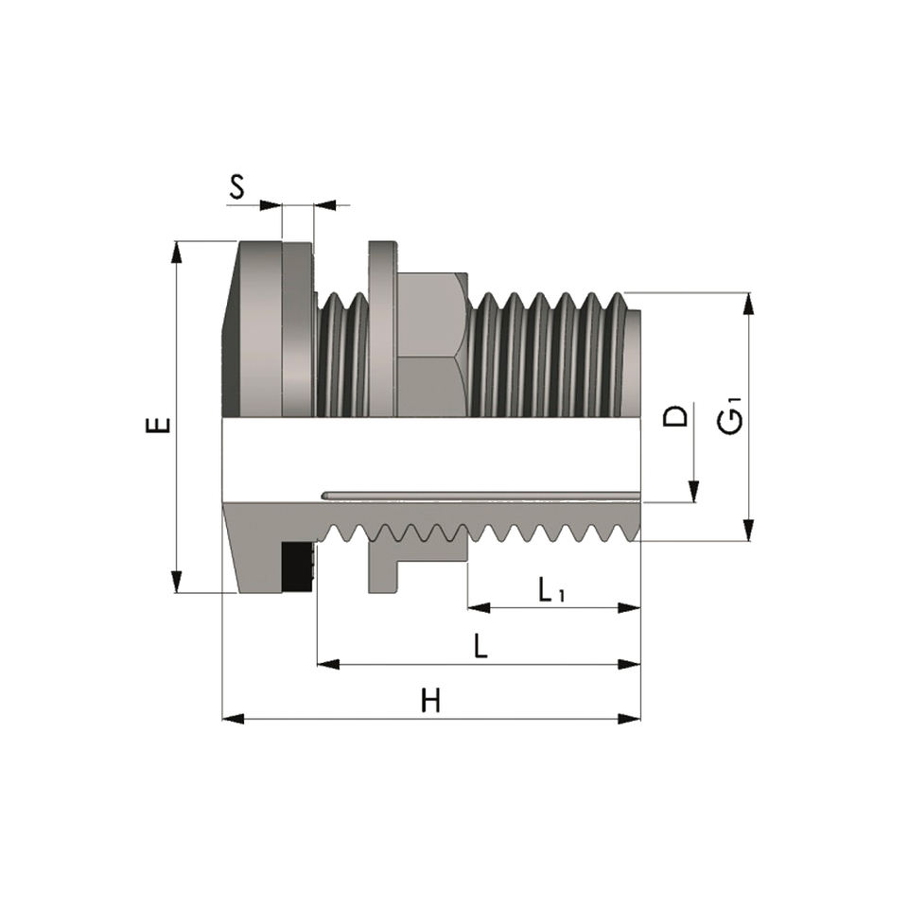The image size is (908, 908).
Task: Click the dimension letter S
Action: click(236, 186)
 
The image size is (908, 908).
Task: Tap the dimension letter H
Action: click(430, 700)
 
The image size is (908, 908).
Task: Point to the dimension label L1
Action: click(550, 590)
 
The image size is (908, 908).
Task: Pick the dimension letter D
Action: click(675, 416)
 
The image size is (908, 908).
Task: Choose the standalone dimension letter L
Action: click(480, 646)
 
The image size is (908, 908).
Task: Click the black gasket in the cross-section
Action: click(297, 567)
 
